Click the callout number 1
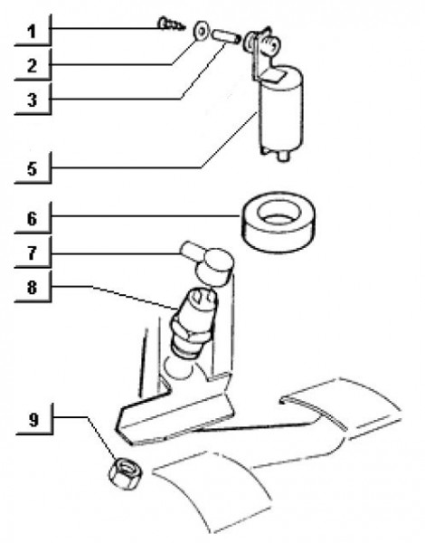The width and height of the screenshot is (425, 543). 32,32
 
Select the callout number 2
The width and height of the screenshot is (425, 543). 32,66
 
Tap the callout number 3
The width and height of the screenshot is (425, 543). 32,100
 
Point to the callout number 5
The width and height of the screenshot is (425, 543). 32,169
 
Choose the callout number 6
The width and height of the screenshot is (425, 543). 32,219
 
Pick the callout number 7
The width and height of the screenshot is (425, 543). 32,253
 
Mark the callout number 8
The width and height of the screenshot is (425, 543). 32,288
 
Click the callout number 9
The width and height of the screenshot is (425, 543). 33,420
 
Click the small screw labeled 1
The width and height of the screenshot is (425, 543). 171,24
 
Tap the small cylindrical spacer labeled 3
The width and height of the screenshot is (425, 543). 227,37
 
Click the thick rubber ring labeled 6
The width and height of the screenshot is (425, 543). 278,235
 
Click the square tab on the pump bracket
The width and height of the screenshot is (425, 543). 273,76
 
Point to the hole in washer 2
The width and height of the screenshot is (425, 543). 201,31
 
